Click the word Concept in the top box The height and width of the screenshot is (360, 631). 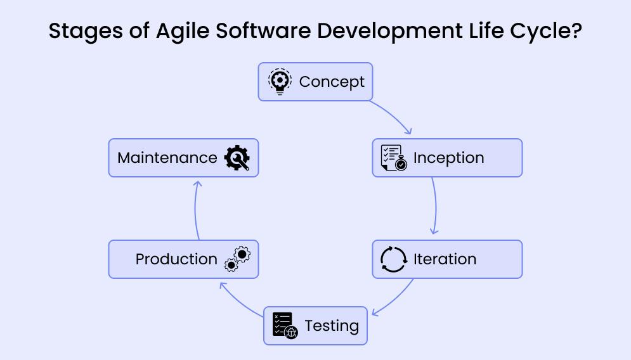[332, 82]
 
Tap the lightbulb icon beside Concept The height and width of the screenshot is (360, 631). [280, 82]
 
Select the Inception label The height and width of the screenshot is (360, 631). [448, 158]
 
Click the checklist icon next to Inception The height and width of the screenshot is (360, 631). [393, 158]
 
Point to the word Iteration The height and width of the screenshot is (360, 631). [445, 259]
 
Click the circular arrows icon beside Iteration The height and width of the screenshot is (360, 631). [393, 259]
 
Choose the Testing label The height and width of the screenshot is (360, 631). [332, 326]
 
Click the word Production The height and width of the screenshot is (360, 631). [176, 259]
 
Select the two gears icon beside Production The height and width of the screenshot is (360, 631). [238, 259]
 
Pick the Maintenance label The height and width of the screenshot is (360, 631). [167, 158]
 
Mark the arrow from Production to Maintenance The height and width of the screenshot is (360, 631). [195, 209]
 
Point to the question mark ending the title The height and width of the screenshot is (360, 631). [575, 30]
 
